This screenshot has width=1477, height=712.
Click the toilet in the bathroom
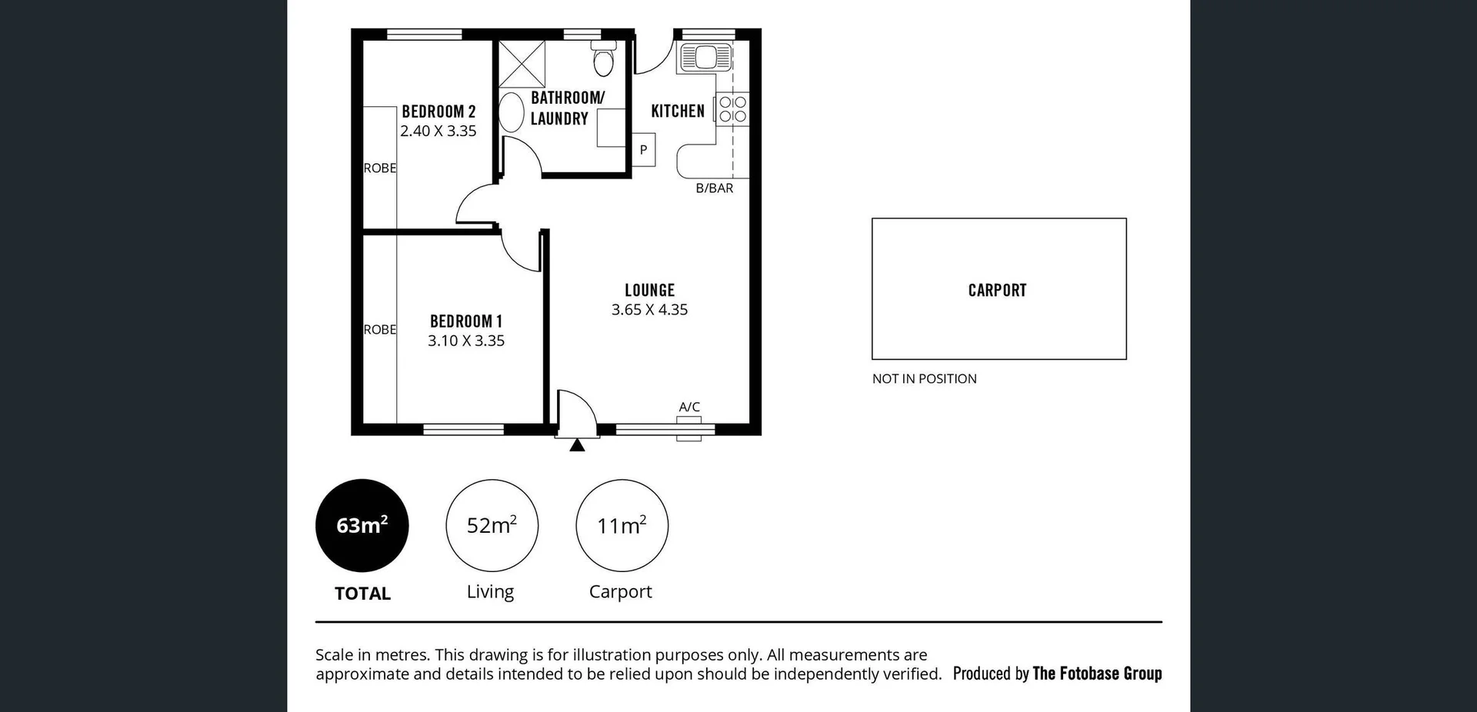604,59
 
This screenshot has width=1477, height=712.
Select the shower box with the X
522,64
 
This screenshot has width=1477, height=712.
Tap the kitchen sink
704,58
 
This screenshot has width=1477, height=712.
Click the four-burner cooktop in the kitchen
732,109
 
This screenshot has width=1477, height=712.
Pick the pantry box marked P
644,150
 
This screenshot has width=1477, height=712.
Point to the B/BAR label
714,188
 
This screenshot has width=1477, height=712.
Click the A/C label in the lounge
689,407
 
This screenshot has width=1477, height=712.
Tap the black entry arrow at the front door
577,444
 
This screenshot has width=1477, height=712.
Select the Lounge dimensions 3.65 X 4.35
649,310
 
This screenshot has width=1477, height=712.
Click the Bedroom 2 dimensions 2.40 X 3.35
438,131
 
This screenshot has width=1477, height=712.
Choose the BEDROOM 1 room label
465,321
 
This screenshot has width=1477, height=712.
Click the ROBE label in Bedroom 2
380,168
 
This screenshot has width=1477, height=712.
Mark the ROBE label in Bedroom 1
380,329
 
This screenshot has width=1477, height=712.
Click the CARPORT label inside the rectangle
997,291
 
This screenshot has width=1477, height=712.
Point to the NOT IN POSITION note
924,378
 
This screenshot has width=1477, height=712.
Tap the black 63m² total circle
362,525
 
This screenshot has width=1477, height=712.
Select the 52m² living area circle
492,525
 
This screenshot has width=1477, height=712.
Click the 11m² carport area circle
622,525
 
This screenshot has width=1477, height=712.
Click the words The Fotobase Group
1096,674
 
